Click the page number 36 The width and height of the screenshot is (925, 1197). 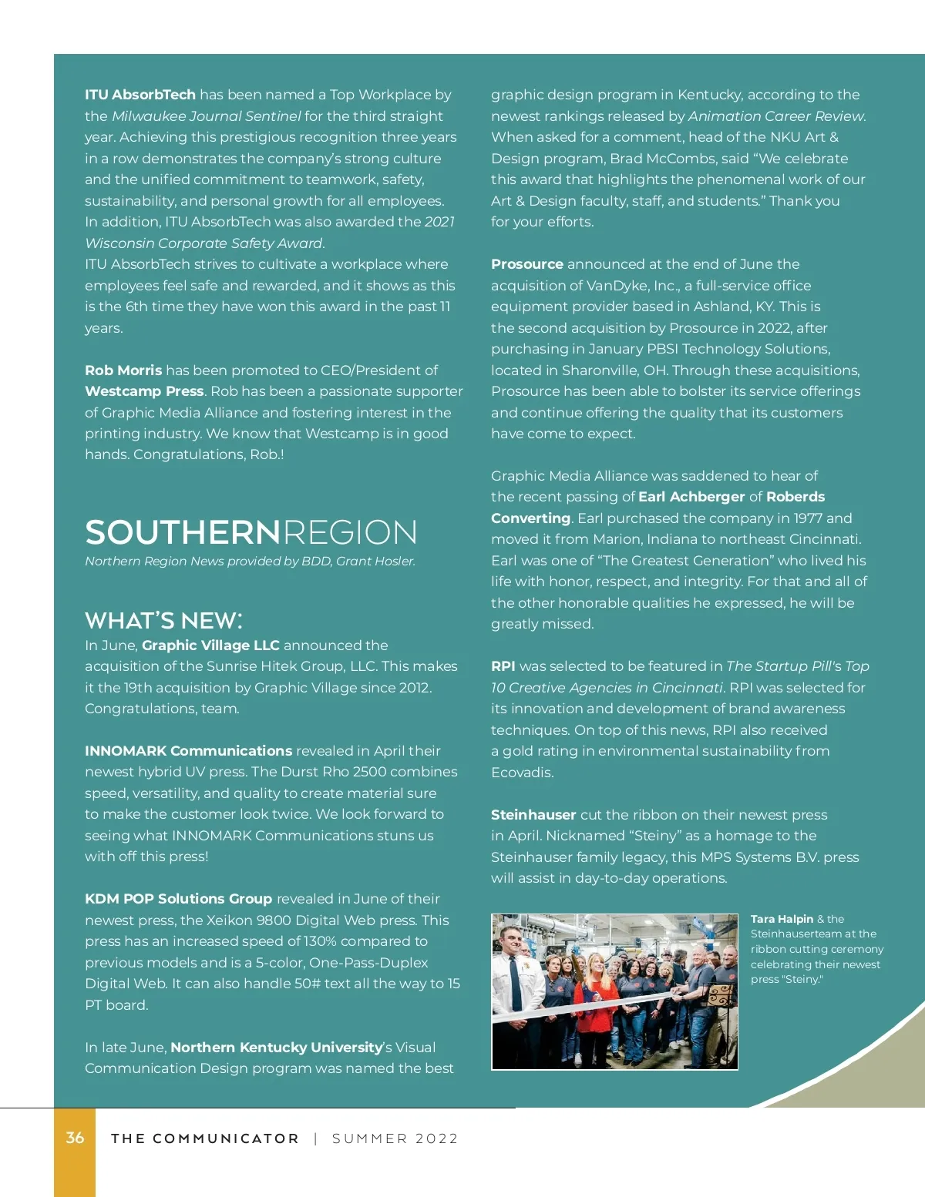pos(75,1138)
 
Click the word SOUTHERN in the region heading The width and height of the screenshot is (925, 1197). pos(183,533)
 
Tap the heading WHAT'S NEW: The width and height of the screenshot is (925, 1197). pos(163,621)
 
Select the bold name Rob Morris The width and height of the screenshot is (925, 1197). pos(123,370)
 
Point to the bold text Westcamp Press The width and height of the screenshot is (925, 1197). pos(144,391)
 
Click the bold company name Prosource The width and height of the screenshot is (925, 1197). pos(527,264)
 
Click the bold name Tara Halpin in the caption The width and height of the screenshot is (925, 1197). pos(782,919)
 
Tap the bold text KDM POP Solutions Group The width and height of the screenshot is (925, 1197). pos(178,899)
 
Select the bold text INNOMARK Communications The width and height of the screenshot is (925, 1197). pos(188,751)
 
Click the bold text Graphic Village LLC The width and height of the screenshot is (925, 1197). pos(210,645)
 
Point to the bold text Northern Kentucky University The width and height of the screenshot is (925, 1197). pos(277,1048)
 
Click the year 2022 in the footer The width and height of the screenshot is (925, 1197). pos(436,1138)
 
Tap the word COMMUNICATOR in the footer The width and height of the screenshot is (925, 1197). pos(225,1138)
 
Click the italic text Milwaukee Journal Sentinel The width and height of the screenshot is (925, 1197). pos(206,116)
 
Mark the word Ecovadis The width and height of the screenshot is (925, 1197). pos(522,773)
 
